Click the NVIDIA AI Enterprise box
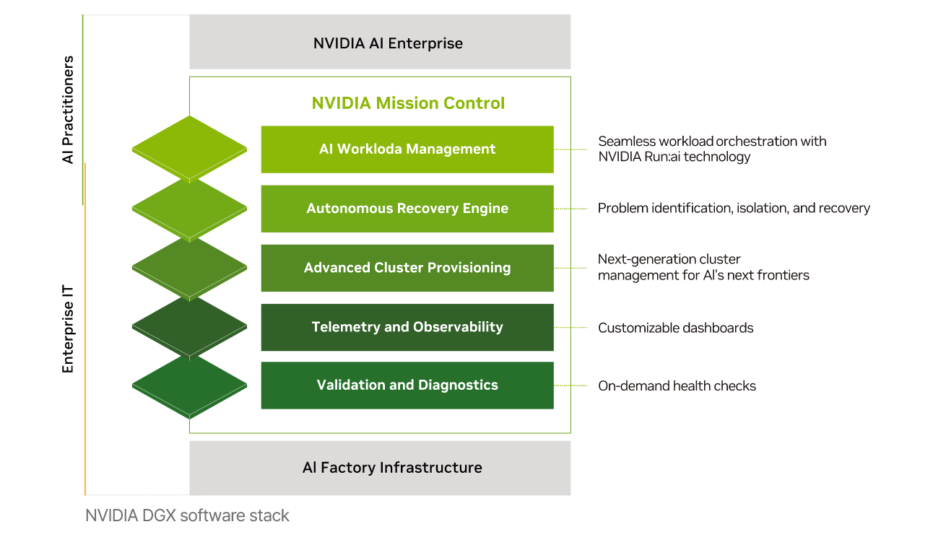pos(380,43)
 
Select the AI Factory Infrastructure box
pos(380,468)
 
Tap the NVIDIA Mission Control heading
pos(408,103)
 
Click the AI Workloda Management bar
pos(407,149)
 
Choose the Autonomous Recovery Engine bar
pos(407,209)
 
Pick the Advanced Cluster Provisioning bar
pos(407,268)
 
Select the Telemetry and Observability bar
pos(407,327)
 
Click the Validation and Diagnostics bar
pos(407,386)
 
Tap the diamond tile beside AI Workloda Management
pos(189,148)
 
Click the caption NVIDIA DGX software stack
pos(187,515)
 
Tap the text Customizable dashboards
pos(675,328)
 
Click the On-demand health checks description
pos(677,386)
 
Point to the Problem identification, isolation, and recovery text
pos(734,209)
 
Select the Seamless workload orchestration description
pos(711,149)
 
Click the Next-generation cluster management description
pos(703,267)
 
